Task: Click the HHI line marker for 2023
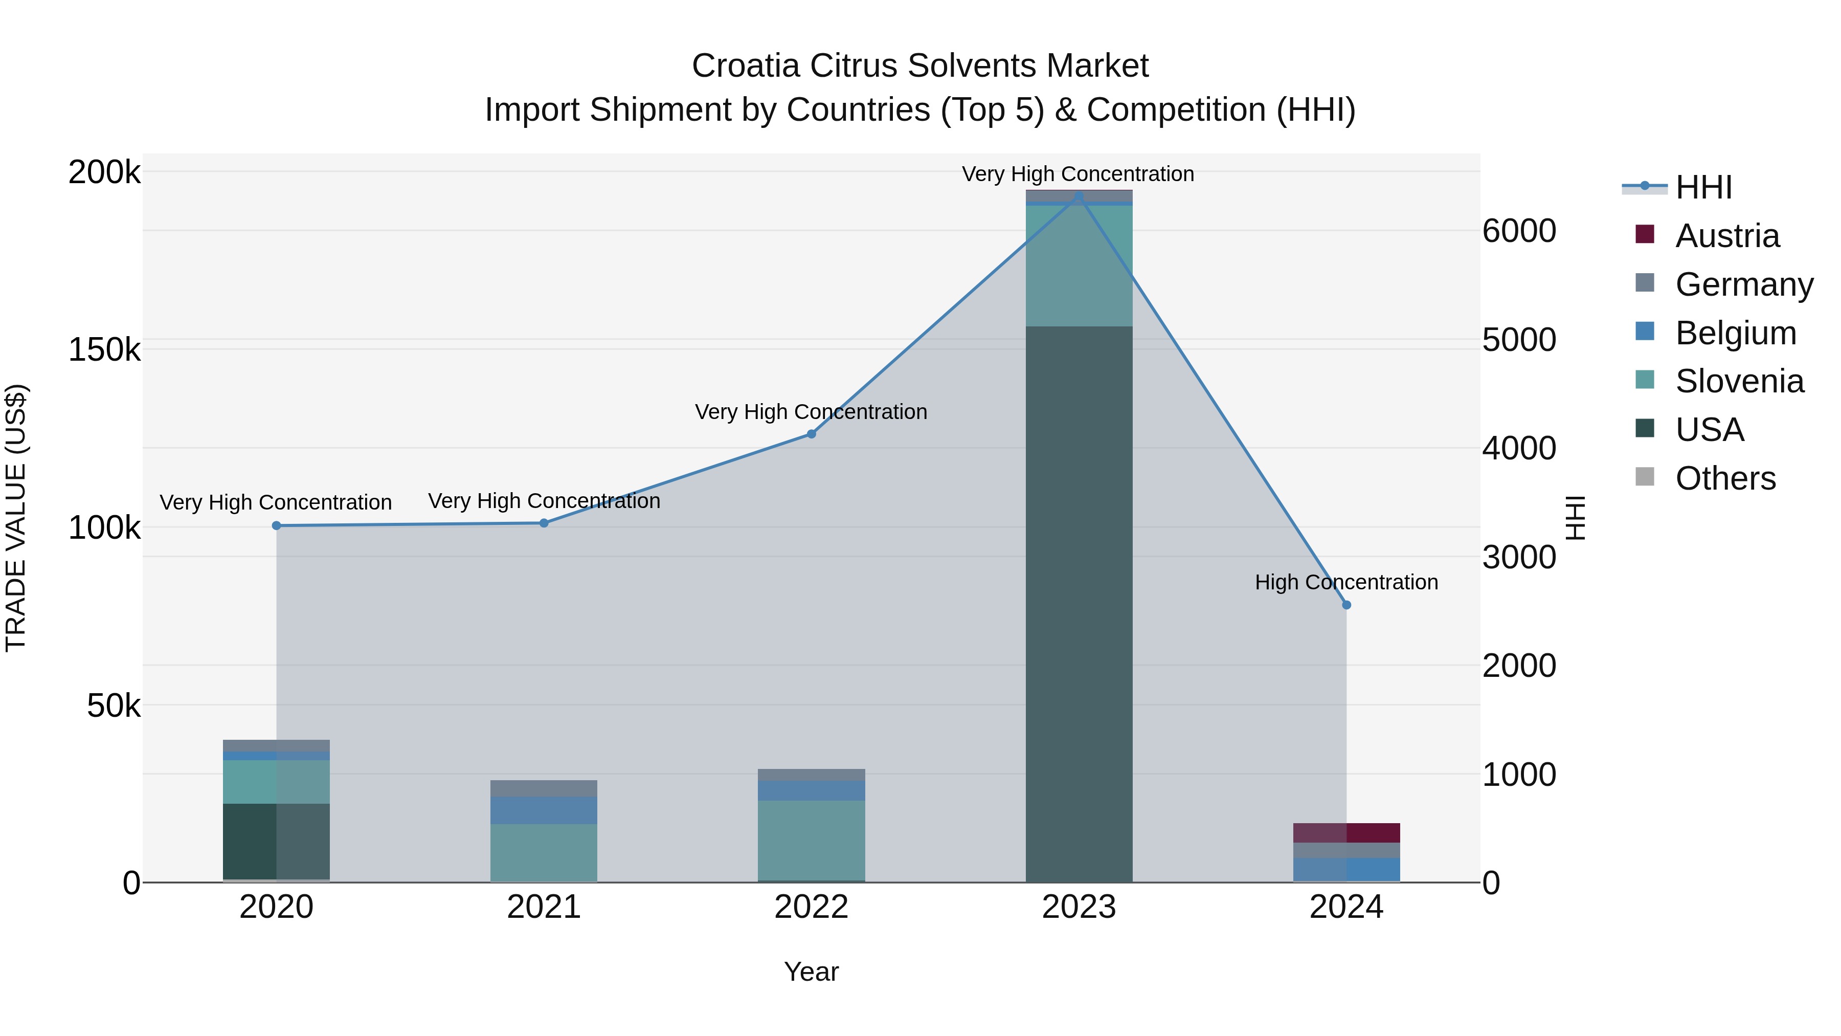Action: coord(1079,196)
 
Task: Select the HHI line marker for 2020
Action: coord(277,525)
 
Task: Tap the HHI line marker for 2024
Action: coord(1346,605)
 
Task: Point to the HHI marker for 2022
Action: coord(811,434)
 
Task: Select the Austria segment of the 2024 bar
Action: coord(1346,833)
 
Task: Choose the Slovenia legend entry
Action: coord(1739,381)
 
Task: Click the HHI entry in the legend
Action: coord(1703,187)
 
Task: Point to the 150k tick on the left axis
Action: coord(104,350)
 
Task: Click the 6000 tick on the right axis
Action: coord(1519,231)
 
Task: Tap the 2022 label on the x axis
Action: coord(811,907)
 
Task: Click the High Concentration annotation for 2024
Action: coord(1346,583)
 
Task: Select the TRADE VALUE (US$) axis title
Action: coord(16,518)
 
